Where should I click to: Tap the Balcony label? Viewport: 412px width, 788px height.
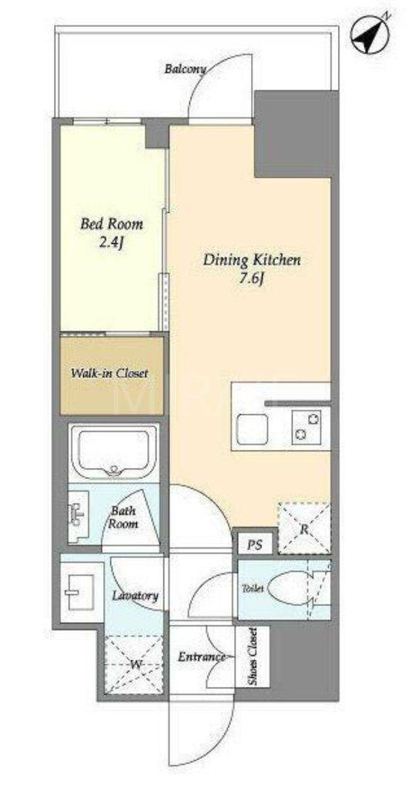point(185,69)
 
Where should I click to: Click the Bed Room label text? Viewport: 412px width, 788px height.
point(112,224)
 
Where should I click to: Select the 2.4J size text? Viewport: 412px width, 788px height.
point(112,243)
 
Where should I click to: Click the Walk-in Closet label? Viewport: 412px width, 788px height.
point(109,374)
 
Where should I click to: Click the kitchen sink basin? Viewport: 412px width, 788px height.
point(252,429)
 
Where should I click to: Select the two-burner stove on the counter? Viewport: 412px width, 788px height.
point(306,427)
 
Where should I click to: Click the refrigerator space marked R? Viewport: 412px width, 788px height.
point(304,528)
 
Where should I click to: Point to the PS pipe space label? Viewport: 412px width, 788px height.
point(254,546)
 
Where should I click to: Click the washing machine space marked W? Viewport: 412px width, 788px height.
point(134,664)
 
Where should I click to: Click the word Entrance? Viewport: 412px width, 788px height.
point(202,657)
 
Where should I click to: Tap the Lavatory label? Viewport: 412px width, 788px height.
point(136,596)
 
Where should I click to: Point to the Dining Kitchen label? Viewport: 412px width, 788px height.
point(252,260)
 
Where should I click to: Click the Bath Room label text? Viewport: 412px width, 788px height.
point(124,518)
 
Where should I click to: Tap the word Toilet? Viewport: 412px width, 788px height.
point(253,589)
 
